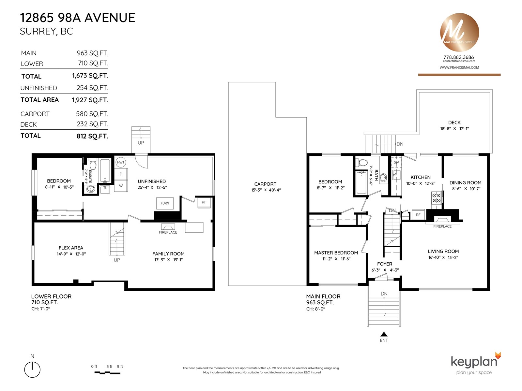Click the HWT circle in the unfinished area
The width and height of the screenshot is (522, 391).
[x=121, y=162]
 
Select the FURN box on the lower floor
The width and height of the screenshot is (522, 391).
[x=165, y=203]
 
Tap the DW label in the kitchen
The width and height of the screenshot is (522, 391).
[x=396, y=163]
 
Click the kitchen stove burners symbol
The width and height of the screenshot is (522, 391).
[x=437, y=198]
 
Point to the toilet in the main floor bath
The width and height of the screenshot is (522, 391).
[x=361, y=163]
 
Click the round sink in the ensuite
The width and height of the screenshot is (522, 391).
[x=91, y=189]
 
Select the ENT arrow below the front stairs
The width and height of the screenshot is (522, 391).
[x=384, y=334]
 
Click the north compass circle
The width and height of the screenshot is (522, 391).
[x=32, y=369]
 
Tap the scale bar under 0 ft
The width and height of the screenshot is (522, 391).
[x=107, y=373]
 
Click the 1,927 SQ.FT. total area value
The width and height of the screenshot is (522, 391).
[x=90, y=100]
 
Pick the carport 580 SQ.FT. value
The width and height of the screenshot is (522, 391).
[x=92, y=114]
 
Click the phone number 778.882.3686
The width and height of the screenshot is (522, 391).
[x=458, y=57]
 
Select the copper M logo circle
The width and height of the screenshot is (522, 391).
[x=459, y=32]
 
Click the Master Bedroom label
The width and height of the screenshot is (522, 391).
[x=336, y=253]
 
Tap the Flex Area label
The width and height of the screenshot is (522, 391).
[x=71, y=248]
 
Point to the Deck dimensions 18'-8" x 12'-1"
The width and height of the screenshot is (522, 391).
[x=454, y=129]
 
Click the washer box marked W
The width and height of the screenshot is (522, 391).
[x=121, y=186]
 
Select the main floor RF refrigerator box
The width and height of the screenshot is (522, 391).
[x=418, y=215]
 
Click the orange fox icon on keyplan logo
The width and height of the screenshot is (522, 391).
[x=498, y=356]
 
